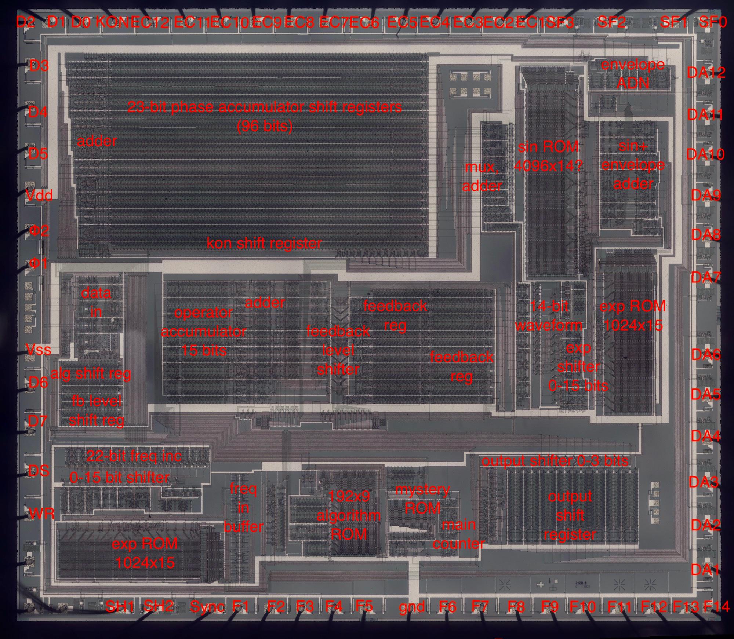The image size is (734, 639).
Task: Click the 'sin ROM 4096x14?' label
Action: [548, 156]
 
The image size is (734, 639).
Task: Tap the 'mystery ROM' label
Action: [422, 499]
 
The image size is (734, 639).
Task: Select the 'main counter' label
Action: [459, 534]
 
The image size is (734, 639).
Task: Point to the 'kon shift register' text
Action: [264, 243]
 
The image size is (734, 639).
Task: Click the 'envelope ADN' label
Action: [633, 74]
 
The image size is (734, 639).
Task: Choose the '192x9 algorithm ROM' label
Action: [349, 515]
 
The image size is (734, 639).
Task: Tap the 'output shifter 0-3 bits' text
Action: [555, 461]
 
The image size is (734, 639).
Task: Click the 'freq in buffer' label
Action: [243, 508]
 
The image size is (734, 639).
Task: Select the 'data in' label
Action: [96, 302]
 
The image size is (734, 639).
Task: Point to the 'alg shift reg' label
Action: [91, 374]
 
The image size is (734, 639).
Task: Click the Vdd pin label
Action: [39, 195]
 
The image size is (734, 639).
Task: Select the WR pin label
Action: [41, 514]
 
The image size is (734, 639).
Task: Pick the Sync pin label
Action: [207, 606]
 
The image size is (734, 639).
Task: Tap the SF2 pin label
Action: [611, 22]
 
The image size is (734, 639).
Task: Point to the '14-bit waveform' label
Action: [549, 315]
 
